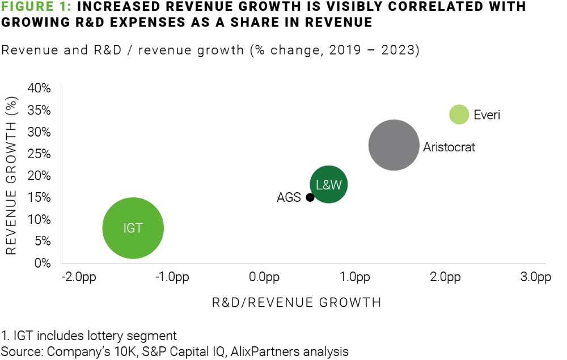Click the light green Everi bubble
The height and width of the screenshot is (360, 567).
click(459, 115)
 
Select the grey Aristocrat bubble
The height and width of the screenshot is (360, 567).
click(393, 145)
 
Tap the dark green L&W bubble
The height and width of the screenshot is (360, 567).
click(329, 184)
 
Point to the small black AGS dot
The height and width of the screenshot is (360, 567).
click(310, 197)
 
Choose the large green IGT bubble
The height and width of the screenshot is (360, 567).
click(133, 228)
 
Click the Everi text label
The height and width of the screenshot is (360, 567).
click(487, 115)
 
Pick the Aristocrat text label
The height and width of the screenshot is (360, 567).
click(449, 147)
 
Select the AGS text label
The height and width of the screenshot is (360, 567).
click(289, 198)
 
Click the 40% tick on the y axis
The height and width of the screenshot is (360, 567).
click(40, 88)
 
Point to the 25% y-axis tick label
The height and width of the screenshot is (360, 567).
click(40, 154)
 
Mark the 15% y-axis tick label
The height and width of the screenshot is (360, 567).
click(40, 198)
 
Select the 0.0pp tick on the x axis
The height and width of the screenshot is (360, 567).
click(264, 277)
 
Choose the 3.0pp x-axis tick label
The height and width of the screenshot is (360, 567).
click(536, 277)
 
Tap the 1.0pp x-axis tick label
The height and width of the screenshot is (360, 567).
click(355, 277)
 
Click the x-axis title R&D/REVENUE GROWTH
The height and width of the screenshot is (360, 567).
click(297, 302)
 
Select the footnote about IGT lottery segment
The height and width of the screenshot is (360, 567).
click(90, 336)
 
